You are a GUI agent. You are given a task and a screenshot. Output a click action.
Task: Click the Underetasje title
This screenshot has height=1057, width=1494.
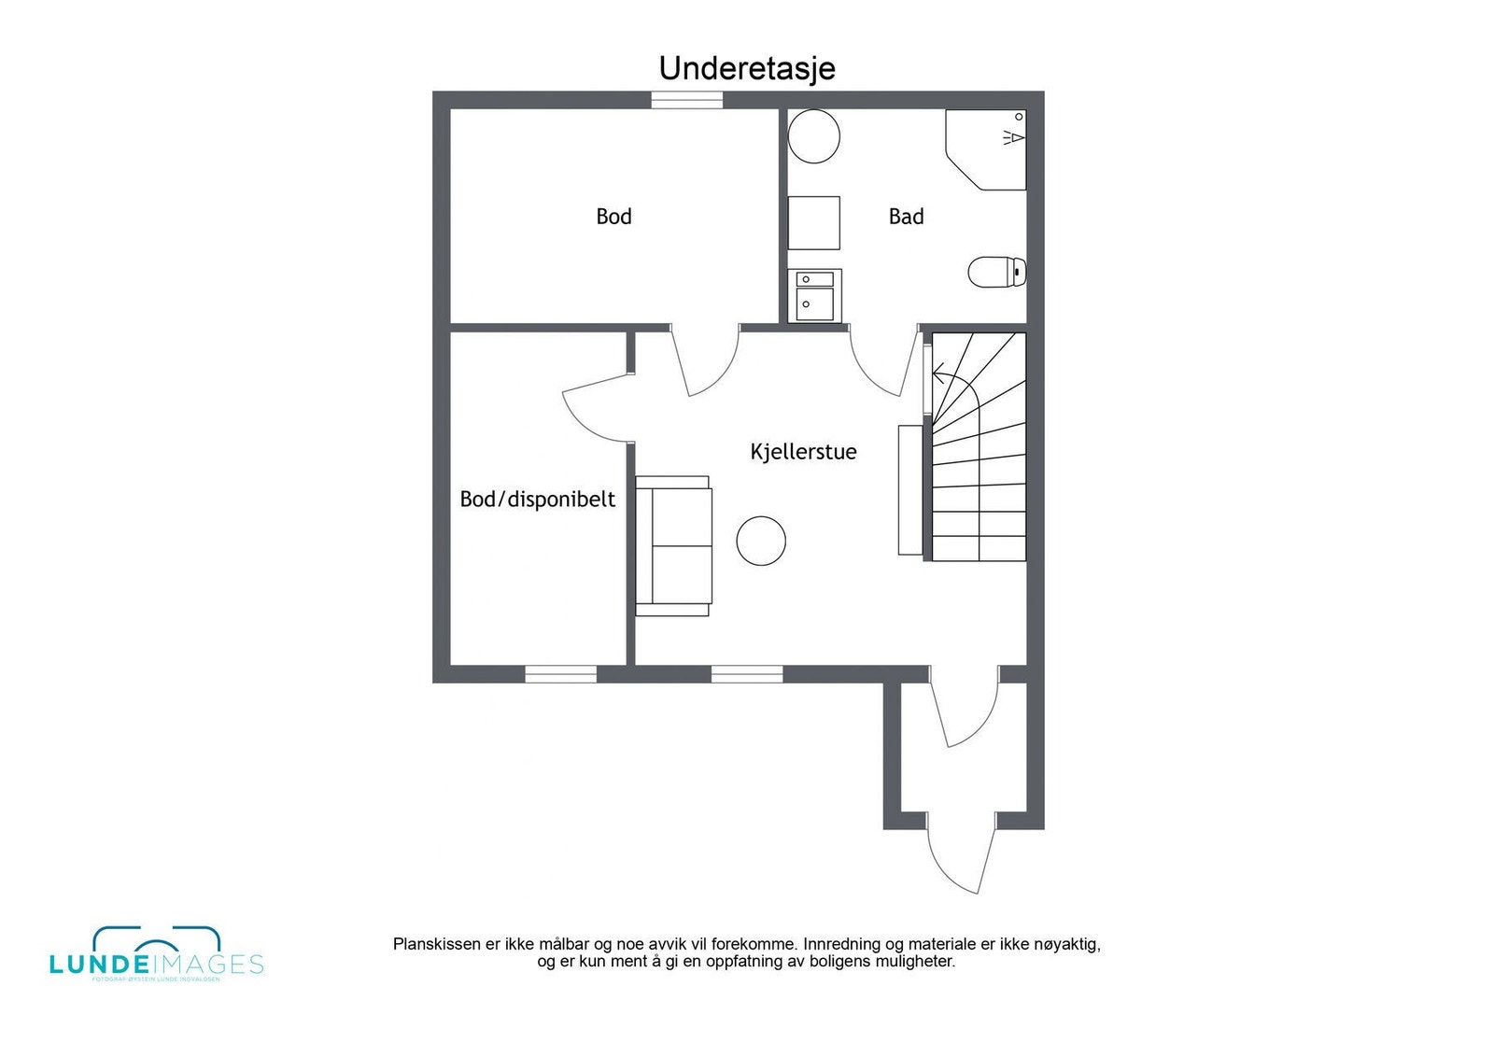(x=746, y=68)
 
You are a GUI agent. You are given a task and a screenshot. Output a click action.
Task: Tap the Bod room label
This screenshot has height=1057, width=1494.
(x=613, y=217)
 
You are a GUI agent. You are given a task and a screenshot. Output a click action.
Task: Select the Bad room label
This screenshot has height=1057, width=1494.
(x=906, y=217)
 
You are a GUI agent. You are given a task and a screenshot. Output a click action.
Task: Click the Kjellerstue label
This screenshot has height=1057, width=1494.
(x=803, y=452)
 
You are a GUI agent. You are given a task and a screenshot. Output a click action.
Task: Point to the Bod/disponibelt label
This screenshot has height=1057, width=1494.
(x=537, y=500)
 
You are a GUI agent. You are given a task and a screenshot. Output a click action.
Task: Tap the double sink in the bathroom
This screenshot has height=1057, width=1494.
(x=814, y=295)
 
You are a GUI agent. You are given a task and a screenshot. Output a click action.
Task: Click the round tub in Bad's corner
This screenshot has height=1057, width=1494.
(x=813, y=136)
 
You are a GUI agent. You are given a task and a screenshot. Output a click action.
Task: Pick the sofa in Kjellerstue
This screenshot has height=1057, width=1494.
(x=673, y=545)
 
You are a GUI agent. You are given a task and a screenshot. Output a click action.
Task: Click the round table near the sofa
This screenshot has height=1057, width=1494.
(x=761, y=541)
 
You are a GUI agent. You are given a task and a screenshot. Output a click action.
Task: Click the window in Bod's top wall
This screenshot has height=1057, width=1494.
(x=686, y=100)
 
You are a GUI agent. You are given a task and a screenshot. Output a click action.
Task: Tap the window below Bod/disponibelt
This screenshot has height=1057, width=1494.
(x=560, y=674)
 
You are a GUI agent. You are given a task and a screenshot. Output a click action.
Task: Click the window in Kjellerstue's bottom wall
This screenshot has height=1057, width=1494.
(x=747, y=674)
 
